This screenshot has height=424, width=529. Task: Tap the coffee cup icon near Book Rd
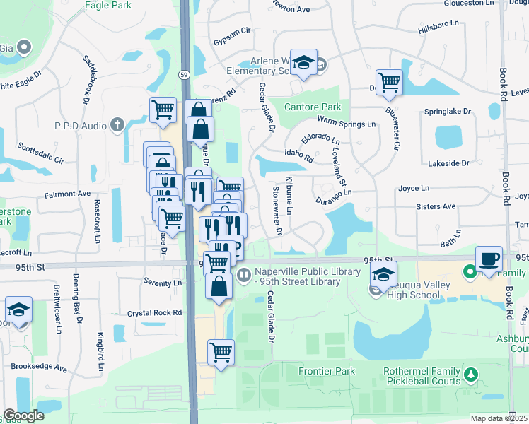pyautogui.click(x=489, y=258)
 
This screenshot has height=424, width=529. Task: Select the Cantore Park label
pyautogui.click(x=313, y=107)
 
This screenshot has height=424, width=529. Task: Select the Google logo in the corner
pyautogui.click(x=23, y=416)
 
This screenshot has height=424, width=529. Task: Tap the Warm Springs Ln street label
pyautogui.click(x=347, y=124)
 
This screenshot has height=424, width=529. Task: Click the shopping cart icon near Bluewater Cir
pyautogui.click(x=389, y=81)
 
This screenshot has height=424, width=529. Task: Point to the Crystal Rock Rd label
pyautogui.click(x=154, y=312)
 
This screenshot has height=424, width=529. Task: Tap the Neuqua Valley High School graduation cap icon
pyautogui.click(x=384, y=274)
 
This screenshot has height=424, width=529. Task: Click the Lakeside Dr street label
pyautogui.click(x=448, y=163)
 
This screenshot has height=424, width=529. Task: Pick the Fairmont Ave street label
pyautogui.click(x=68, y=193)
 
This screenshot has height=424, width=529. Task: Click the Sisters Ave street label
pyautogui.click(x=436, y=206)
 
